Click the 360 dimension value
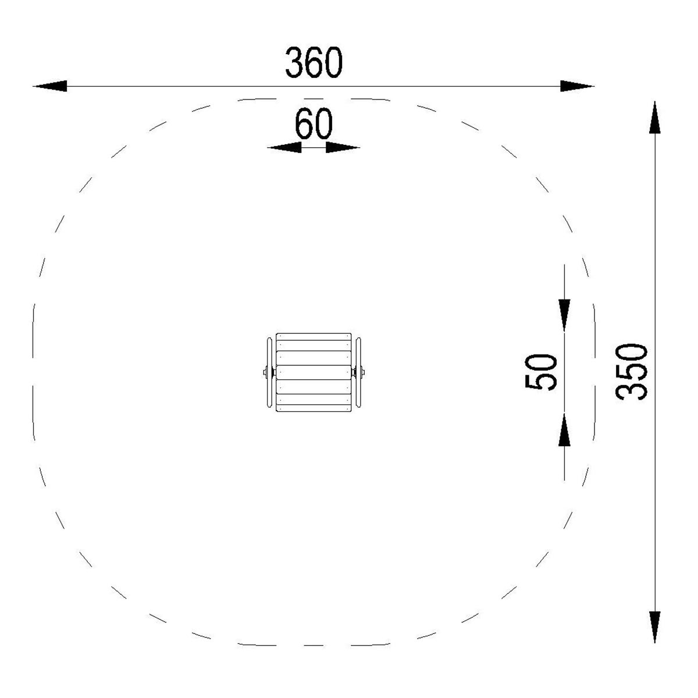pos(314,62)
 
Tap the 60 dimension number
pos(314,124)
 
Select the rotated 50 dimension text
pos(540,372)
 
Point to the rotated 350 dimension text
pos(631,372)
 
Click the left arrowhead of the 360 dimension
pos(50,86)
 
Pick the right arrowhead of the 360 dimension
pos(577,86)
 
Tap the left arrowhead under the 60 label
pos(284,147)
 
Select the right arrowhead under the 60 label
pos(343,147)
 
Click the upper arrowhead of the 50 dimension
pos(564,315)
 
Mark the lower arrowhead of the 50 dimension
pos(564,430)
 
